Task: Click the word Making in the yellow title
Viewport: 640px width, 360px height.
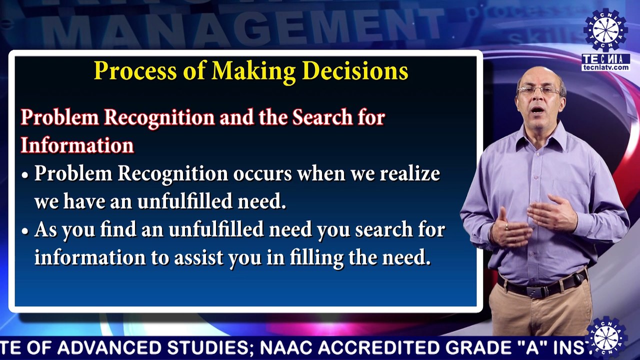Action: point(253,71)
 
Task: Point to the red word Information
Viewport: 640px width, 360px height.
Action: point(77,145)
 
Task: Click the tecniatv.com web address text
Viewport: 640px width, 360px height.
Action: point(605,67)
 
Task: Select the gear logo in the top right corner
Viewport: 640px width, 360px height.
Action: point(605,29)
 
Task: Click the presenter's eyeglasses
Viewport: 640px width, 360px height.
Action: point(539,90)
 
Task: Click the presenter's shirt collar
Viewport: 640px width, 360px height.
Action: point(541,137)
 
